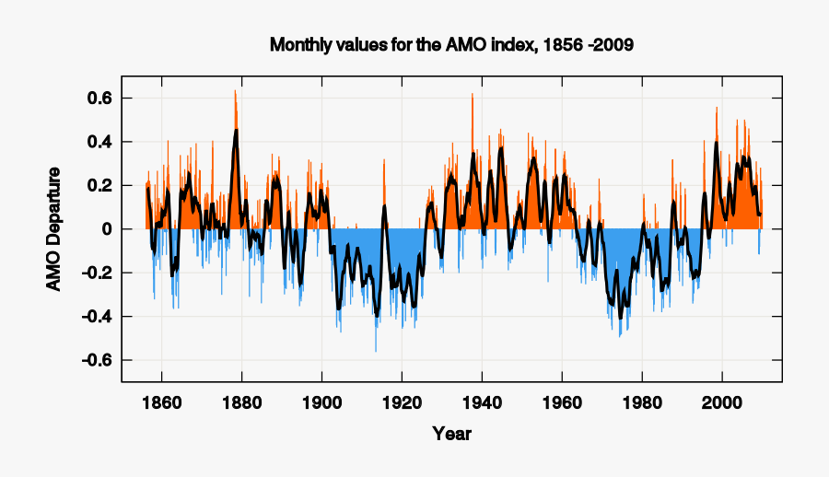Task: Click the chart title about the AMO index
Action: pos(451,44)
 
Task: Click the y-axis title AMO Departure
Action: pos(53,229)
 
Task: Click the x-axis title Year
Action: pos(451,433)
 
